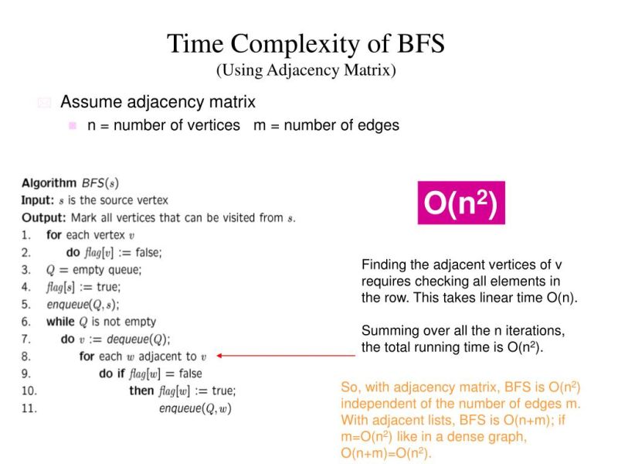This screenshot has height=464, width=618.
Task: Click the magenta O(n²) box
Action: point(461,203)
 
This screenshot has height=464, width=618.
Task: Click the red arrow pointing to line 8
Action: point(286,356)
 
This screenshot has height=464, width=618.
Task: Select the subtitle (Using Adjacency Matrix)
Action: point(306,70)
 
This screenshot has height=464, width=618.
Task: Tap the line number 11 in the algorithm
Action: point(29,408)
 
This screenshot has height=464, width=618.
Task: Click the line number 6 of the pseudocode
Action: point(26,322)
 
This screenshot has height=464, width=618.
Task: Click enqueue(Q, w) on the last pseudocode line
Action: point(195,408)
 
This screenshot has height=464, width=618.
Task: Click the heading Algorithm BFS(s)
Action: point(70,183)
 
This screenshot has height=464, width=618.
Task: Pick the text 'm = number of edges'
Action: point(326,125)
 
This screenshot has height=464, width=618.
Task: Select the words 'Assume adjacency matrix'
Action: point(158,102)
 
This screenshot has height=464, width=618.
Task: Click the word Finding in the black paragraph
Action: point(383,264)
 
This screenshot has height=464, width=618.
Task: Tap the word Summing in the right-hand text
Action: point(388,331)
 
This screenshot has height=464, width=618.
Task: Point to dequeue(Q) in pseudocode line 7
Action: point(143,339)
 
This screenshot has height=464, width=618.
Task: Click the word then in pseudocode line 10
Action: point(141,391)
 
